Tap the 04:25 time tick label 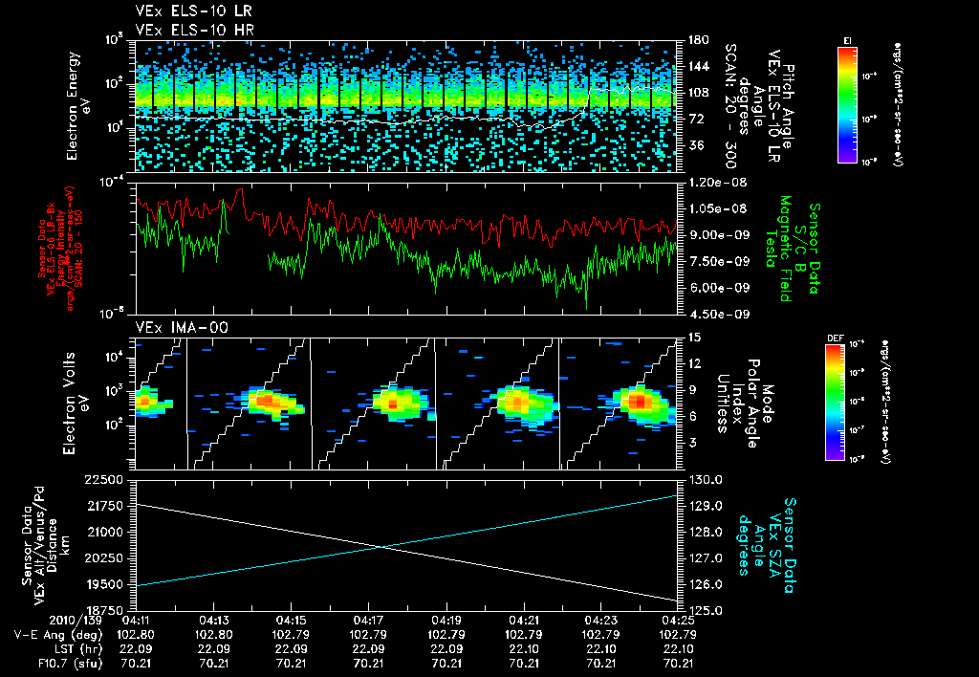[679, 620]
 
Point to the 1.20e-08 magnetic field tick [710, 182]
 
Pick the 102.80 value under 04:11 [138, 634]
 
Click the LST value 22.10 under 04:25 [679, 647]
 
